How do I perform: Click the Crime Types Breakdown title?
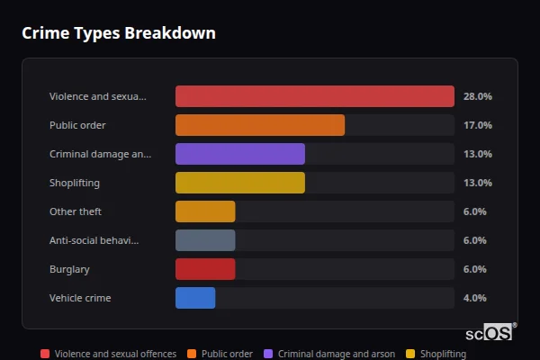point(118,33)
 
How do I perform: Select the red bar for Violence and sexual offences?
point(314,96)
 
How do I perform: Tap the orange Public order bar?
point(259,125)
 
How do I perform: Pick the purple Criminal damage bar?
point(239,154)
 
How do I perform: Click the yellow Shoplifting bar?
point(239,183)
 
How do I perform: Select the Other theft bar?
point(205,211)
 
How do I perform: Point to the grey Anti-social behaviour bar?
point(205,240)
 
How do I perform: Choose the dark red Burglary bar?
point(205,269)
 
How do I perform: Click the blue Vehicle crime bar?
point(195,298)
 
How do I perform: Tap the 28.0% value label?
point(477,96)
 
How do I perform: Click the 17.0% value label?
point(477,125)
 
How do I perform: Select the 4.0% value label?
point(474,298)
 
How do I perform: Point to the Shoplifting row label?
point(75,183)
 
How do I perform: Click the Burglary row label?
point(69,269)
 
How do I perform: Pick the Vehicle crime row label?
point(80,298)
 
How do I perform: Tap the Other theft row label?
point(76,211)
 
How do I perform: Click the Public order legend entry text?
point(227,354)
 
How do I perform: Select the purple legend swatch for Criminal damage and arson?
point(268,354)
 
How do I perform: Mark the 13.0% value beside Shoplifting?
point(477,183)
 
